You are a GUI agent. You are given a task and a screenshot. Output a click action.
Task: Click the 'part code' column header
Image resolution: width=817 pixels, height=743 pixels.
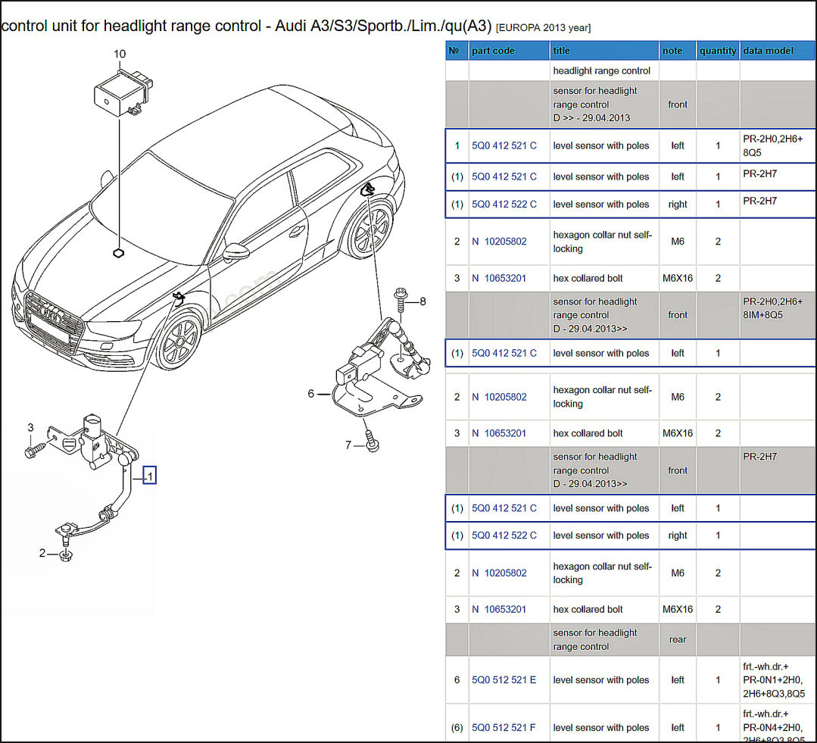493,51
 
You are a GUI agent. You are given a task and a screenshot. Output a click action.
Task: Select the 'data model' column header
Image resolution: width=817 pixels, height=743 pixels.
768,51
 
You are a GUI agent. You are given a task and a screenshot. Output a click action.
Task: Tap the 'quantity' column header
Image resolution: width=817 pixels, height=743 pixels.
718,51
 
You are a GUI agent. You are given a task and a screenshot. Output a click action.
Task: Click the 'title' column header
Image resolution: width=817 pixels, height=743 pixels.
562,51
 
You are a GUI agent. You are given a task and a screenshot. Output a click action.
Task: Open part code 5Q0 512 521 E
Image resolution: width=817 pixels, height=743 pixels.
504,680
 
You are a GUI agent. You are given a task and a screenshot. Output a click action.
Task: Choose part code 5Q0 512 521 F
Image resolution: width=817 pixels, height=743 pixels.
504,728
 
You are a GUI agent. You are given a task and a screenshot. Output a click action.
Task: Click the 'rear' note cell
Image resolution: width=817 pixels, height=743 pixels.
678,640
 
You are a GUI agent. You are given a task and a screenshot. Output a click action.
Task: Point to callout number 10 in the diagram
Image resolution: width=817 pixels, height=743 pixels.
120,54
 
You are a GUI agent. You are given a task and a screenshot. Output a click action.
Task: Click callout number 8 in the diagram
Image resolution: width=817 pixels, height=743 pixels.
423,301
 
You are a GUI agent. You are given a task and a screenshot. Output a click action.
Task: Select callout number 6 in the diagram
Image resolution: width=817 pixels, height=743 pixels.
310,393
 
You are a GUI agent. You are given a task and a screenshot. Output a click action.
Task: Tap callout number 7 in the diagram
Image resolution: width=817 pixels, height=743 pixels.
348,445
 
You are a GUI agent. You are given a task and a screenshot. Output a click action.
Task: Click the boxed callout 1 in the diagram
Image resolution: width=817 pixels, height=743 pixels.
149,476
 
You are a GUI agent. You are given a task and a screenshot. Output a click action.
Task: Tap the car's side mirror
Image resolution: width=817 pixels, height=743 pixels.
239,251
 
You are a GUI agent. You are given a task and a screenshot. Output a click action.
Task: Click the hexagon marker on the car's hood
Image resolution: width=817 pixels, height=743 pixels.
118,253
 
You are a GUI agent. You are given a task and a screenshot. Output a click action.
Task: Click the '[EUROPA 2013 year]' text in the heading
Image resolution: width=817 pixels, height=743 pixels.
543,28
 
